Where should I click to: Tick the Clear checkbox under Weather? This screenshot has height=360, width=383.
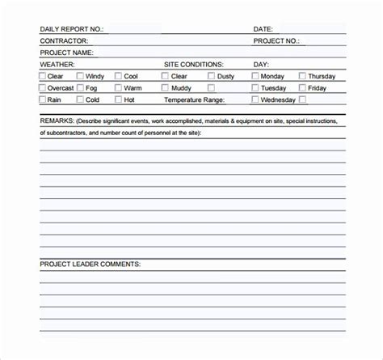click(x=44, y=76)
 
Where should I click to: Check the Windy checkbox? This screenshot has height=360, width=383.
click(x=80, y=76)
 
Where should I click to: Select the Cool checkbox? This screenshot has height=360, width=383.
click(x=118, y=76)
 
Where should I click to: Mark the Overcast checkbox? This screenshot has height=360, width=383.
click(x=44, y=88)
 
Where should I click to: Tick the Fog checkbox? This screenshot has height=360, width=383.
click(x=80, y=88)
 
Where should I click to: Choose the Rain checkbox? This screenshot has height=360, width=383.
click(x=44, y=100)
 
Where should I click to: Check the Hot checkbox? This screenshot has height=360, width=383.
click(x=118, y=100)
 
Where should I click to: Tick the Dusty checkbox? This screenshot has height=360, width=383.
click(x=211, y=76)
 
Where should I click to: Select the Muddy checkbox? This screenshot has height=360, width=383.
click(x=165, y=88)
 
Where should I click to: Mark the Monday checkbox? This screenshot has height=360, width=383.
click(x=255, y=76)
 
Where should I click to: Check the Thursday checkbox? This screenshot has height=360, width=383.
click(x=302, y=76)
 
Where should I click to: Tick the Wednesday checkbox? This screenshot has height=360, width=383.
click(x=255, y=100)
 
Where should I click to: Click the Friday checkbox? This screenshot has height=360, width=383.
click(x=302, y=88)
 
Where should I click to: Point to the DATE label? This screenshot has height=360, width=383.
click(x=263, y=29)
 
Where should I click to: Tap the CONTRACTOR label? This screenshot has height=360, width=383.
click(x=64, y=40)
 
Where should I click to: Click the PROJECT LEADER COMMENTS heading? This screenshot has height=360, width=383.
click(x=90, y=241)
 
